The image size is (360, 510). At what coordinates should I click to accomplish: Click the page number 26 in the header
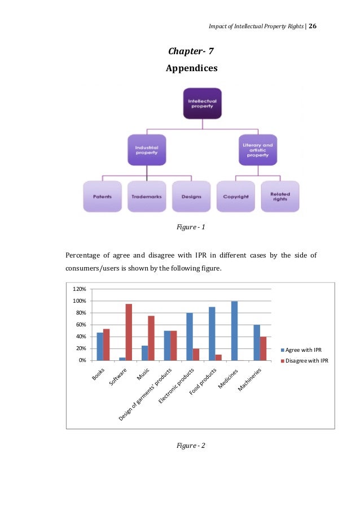(313, 27)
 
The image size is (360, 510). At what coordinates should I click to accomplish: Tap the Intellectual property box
(202, 104)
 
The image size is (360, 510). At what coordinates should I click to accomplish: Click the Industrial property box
(147, 150)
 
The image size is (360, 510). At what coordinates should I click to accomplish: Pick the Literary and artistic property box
(257, 150)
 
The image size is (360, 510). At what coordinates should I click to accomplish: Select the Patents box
(102, 197)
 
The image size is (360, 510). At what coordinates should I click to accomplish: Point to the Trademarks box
(147, 197)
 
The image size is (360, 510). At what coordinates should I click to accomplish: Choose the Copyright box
(235, 197)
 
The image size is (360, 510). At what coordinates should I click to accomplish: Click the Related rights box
(280, 197)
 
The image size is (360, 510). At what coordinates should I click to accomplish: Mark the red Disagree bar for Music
(151, 338)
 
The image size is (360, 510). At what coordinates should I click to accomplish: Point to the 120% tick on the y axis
(80, 289)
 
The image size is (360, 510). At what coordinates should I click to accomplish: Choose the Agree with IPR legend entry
(305, 350)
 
